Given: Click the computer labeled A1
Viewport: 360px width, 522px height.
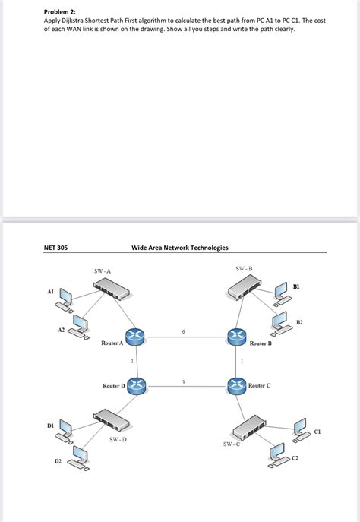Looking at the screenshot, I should click(x=65, y=299).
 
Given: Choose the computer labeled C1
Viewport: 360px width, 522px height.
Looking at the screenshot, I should click(x=299, y=428).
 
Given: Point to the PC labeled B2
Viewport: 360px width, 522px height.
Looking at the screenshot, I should click(x=280, y=324).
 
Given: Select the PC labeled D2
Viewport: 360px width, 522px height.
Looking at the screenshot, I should click(x=79, y=458).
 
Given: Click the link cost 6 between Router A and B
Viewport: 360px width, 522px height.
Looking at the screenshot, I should click(x=183, y=331).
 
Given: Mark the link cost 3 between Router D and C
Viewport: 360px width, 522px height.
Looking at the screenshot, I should click(x=183, y=381).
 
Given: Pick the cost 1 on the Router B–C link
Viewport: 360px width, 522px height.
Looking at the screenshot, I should click(x=241, y=360).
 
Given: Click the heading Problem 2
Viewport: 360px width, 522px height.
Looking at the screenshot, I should click(x=60, y=11).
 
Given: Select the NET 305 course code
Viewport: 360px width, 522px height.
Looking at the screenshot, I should click(x=55, y=247).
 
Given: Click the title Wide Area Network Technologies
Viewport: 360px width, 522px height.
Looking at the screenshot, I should click(x=179, y=247).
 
